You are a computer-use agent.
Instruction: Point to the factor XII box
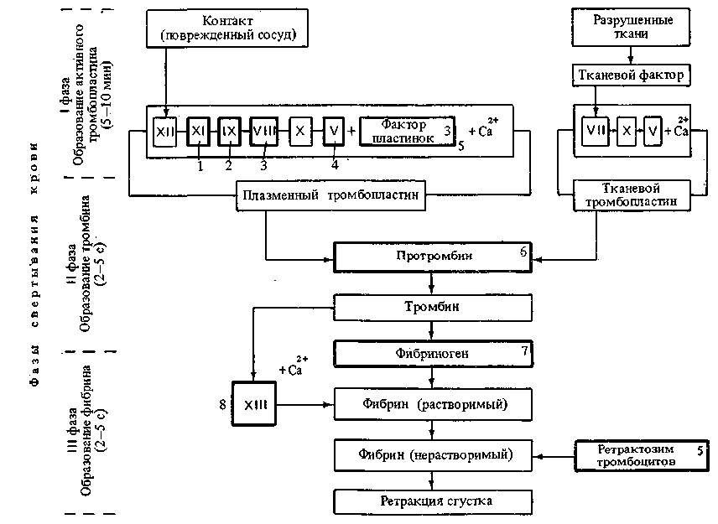pyautogui.click(x=164, y=131)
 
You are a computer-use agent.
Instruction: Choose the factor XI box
pyautogui.click(x=198, y=131)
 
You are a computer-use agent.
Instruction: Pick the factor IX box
pyautogui.click(x=229, y=131)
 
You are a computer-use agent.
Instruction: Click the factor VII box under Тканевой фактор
pyautogui.click(x=594, y=131)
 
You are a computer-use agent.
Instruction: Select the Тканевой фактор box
pyautogui.click(x=632, y=75)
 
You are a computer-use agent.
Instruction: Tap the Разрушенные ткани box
pyautogui.click(x=632, y=28)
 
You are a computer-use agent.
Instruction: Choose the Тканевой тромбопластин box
pyautogui.click(x=632, y=195)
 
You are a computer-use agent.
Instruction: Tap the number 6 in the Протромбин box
pyautogui.click(x=522, y=250)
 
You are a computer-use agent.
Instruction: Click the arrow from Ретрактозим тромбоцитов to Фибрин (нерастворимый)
pyautogui.click(x=555, y=456)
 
